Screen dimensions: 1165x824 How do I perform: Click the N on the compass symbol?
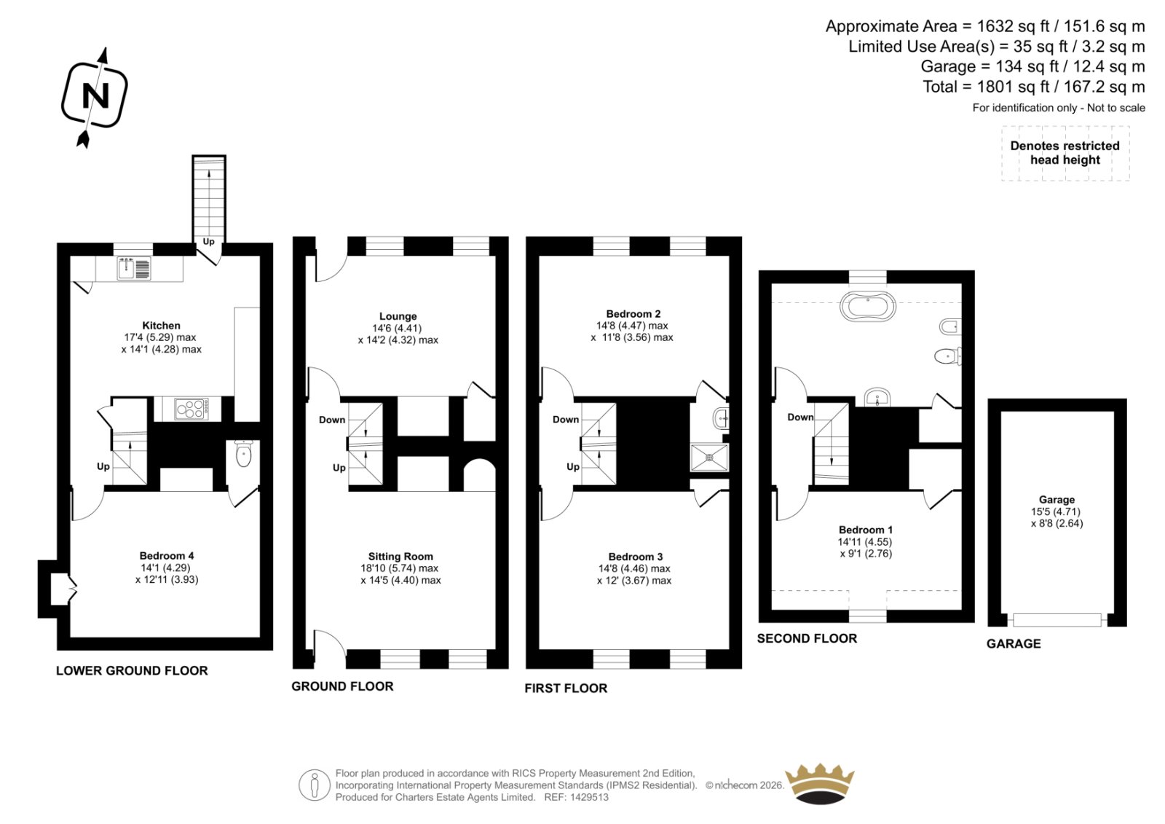coord(95,95)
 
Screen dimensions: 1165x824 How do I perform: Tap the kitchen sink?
coord(134,269)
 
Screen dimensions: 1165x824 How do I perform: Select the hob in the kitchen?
coord(191,409)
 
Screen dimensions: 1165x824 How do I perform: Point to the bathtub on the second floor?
coord(867,305)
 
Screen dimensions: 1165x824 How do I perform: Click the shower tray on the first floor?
coord(709,458)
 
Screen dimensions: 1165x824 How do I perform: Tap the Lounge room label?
coord(398,316)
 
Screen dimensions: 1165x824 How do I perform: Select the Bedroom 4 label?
coord(167,556)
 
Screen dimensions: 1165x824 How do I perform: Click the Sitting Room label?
coord(400,557)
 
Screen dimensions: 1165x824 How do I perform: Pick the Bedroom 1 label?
coord(866,530)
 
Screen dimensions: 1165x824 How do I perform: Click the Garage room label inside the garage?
coord(1057,500)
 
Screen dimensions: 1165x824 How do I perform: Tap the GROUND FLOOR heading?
coord(342,686)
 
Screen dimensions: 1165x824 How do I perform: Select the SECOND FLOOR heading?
coord(807,638)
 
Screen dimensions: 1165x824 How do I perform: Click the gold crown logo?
coord(820,784)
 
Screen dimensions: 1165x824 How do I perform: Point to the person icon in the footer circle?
coord(314,785)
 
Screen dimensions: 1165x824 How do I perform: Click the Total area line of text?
coord(1034,87)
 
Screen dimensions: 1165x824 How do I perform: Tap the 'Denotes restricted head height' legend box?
coord(1065,153)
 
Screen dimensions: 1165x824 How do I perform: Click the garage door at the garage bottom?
coord(1057,619)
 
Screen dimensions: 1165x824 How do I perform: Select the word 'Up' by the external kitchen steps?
coord(208,242)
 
